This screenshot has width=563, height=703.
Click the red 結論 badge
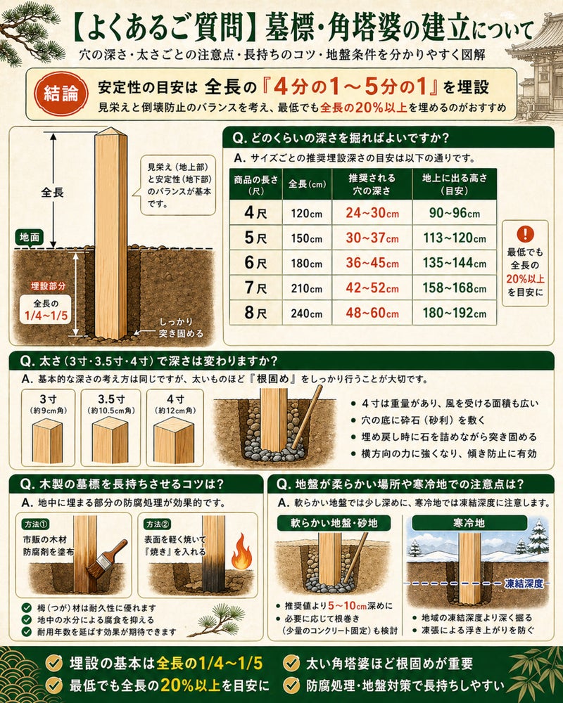click(61, 93)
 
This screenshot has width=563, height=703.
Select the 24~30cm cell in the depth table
click(372, 212)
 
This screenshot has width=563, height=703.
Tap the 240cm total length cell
click(307, 313)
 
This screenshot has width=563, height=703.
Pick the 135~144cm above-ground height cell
click(455, 263)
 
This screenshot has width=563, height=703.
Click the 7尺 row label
click(255, 288)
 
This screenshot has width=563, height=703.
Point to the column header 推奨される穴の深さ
click(372, 183)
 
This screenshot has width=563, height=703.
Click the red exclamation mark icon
click(525, 233)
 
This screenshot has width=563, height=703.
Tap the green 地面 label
click(30, 237)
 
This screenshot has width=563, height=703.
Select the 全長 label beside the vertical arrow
click(53, 193)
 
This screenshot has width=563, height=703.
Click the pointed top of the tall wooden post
click(110, 128)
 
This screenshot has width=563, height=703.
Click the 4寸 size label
click(175, 399)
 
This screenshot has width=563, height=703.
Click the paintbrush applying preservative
click(108, 561)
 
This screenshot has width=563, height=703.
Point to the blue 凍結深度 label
click(524, 583)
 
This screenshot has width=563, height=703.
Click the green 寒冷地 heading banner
click(469, 523)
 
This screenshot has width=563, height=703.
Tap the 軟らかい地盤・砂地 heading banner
click(334, 523)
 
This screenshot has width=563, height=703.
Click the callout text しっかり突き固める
click(182, 328)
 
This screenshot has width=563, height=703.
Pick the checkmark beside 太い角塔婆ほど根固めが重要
click(292, 663)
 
